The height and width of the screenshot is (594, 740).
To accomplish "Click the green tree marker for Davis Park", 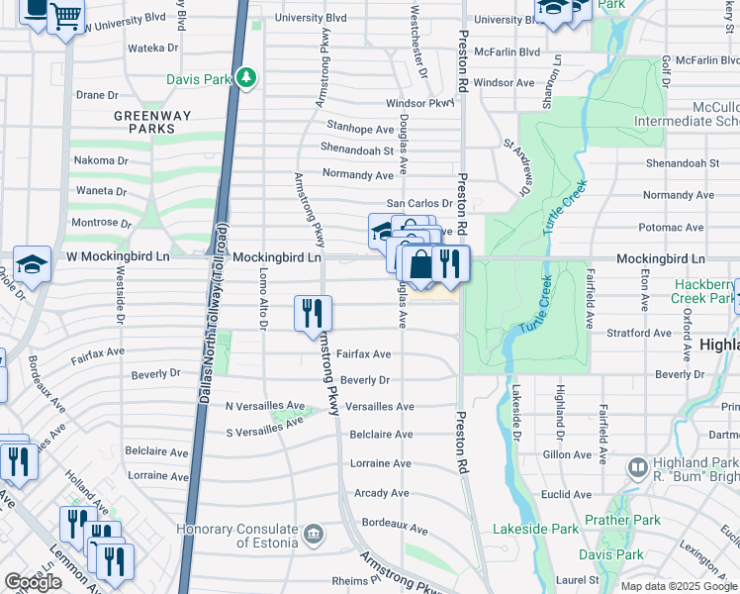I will pos(246,77).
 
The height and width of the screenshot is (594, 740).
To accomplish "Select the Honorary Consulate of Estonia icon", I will pos(314,535).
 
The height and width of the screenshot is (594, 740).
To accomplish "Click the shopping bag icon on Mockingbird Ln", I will pos(420,263).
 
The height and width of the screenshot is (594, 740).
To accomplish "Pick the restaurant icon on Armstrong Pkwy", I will pos(313,313).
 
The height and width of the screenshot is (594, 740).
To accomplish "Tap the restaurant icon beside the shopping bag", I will pos(450,263).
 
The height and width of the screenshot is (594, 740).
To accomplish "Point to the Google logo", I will pos(33,582).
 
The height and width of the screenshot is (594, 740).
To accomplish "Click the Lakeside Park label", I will pos(535,529).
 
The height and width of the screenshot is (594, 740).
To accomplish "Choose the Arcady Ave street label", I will pos(381,492).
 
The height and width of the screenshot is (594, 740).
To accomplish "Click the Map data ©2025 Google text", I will pos(678,586).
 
